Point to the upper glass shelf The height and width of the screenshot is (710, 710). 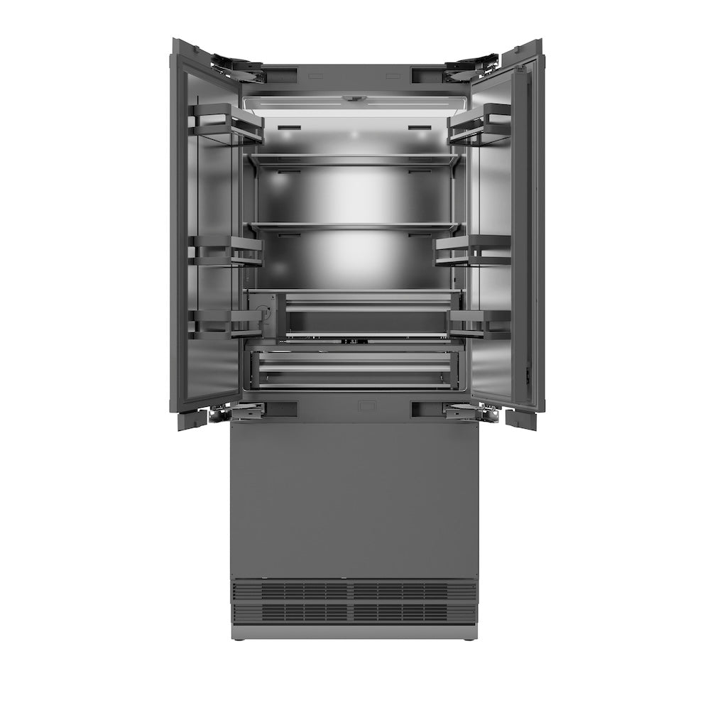[353, 161]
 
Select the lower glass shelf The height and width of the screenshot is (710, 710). [353, 227]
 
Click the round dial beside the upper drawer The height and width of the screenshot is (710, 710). [264, 312]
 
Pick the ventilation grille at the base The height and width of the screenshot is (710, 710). [353, 600]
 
